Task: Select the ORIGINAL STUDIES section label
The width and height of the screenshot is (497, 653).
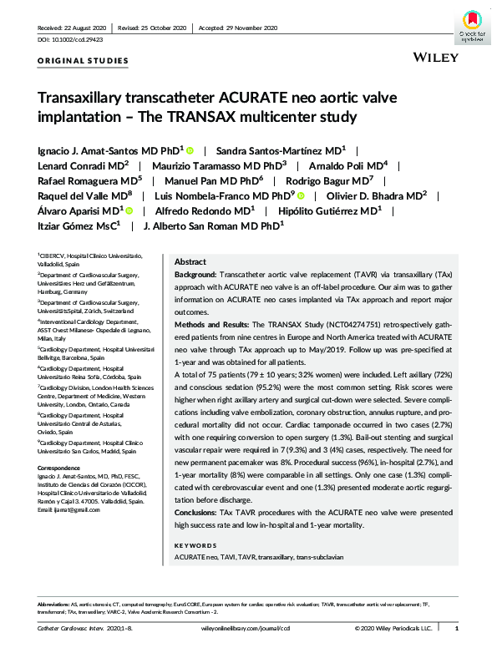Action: (84, 61)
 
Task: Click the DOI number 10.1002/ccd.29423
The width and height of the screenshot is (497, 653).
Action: (80, 39)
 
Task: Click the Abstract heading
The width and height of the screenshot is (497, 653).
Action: (190, 261)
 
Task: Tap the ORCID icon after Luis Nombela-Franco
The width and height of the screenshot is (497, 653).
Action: (302, 195)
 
